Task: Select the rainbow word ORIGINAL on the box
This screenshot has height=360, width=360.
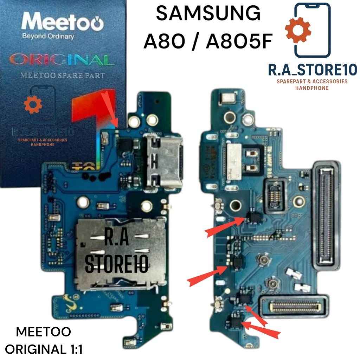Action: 62,59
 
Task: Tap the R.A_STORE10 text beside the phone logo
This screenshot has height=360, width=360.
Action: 313,69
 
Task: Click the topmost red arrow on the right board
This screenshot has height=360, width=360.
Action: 223,227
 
